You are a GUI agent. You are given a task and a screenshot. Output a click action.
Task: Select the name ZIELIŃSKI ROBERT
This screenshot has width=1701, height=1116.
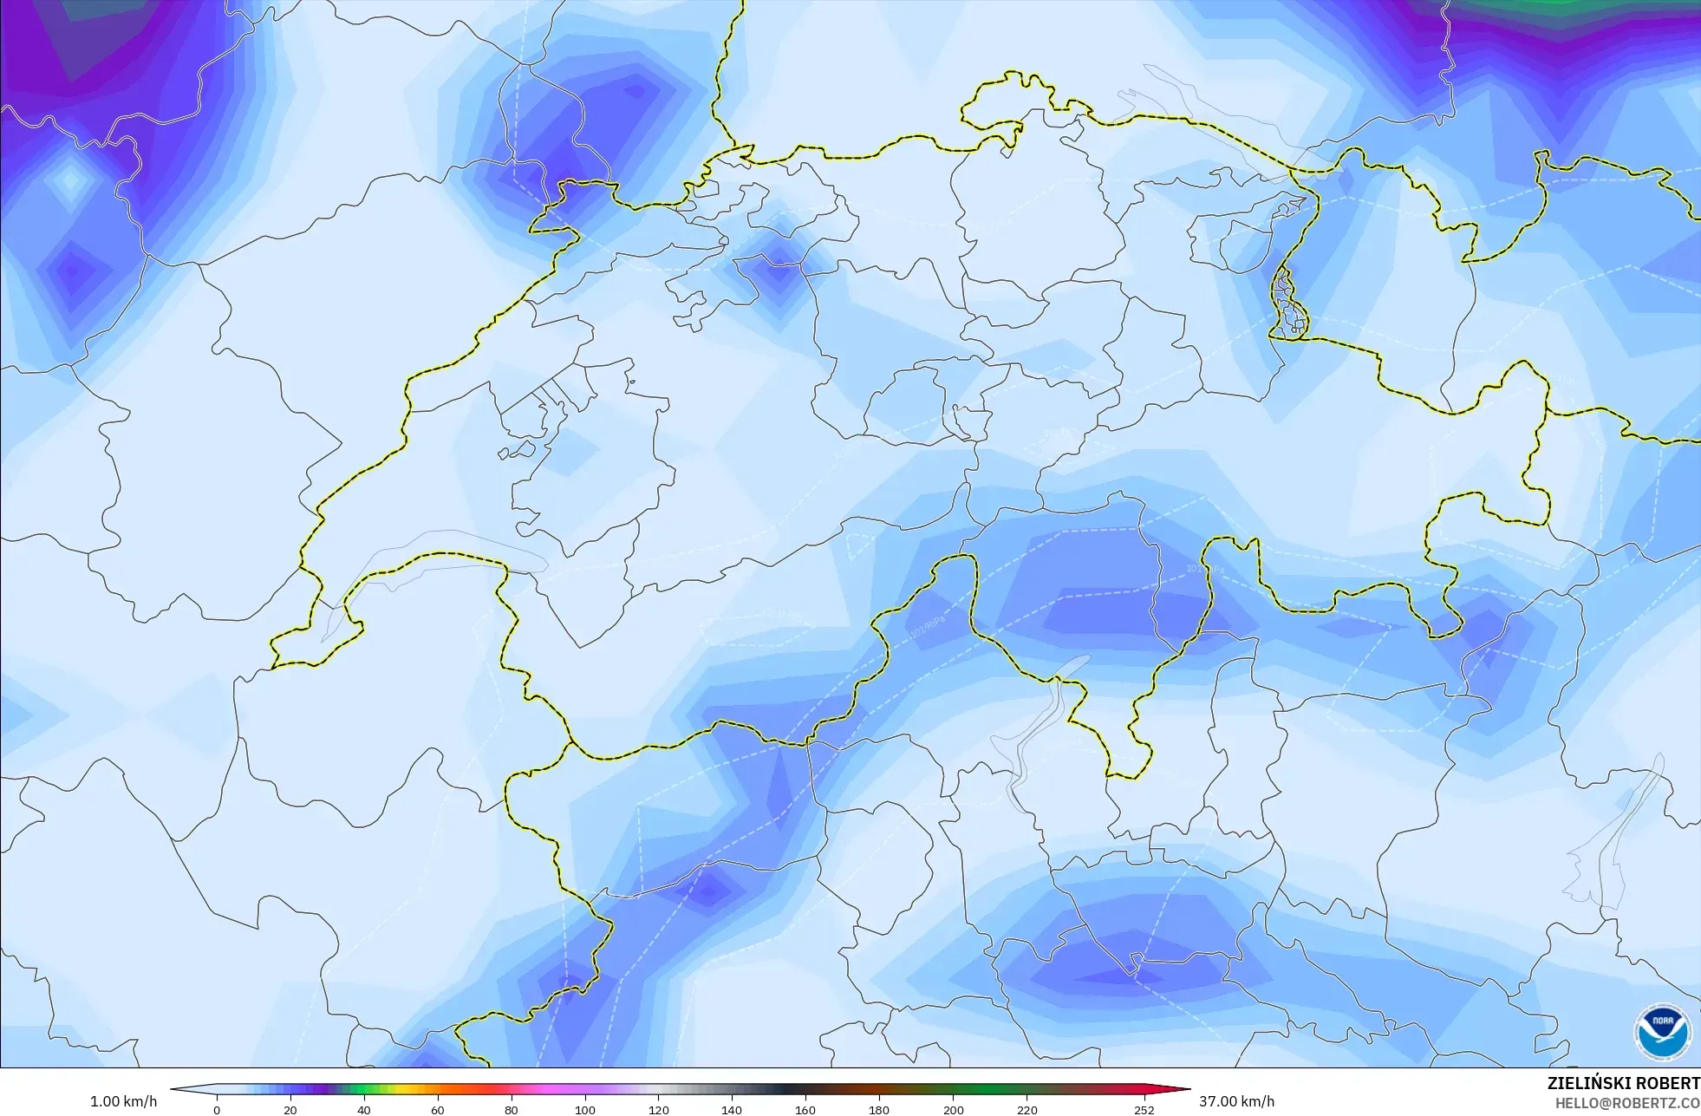[x=1623, y=1083]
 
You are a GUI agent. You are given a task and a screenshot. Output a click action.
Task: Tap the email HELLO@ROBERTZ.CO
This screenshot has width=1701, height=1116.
[x=1626, y=1103]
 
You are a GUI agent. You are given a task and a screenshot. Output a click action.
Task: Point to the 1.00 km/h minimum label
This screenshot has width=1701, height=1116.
[x=124, y=1101]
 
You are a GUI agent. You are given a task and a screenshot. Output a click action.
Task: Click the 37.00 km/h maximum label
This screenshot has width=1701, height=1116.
[x=1236, y=1101]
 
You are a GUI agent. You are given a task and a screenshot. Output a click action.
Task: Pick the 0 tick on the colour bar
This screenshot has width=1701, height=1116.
[x=217, y=1110]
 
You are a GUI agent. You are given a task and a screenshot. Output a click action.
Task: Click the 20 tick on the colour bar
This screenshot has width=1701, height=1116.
[x=290, y=1110]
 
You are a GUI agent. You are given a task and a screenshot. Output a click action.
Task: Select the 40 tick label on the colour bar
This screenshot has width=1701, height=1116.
[x=364, y=1110]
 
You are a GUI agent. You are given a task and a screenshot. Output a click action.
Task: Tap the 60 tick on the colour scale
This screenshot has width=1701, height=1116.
[x=438, y=1110]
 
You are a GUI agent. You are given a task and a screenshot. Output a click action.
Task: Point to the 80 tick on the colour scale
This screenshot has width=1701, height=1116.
[x=512, y=1110]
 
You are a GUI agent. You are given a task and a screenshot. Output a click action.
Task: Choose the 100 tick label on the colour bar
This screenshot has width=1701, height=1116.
[x=585, y=1110]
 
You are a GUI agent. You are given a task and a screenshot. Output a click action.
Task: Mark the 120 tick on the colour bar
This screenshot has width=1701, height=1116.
[x=659, y=1110]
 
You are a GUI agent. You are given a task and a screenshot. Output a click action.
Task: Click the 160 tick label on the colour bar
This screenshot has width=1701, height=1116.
[x=805, y=1110]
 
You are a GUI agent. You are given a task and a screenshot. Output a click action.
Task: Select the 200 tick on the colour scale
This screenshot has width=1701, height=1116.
[x=953, y=1110]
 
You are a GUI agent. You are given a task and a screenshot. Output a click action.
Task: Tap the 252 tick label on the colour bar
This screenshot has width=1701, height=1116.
[x=1144, y=1110]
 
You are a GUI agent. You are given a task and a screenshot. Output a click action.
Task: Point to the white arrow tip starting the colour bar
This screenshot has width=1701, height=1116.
[x=177, y=1090]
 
